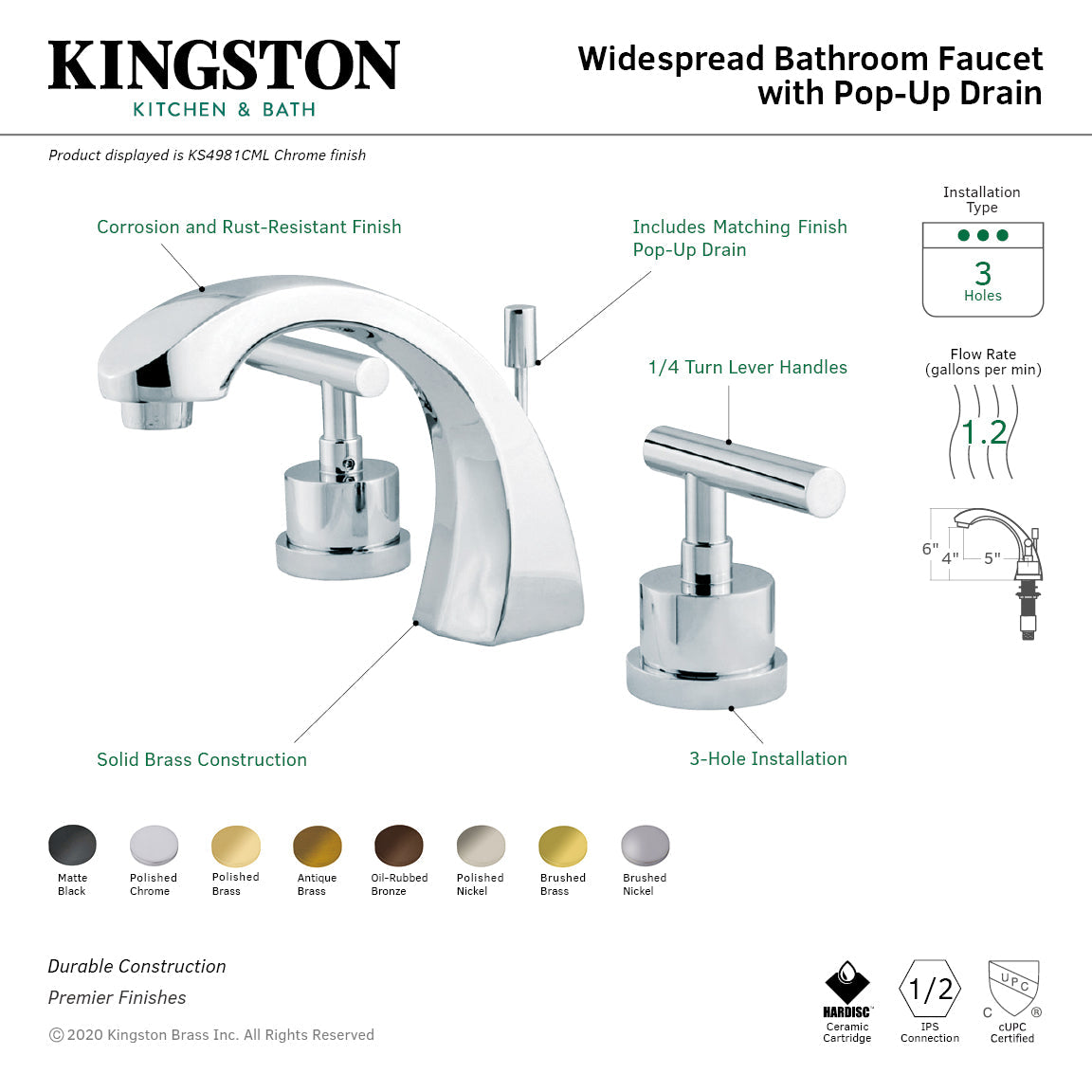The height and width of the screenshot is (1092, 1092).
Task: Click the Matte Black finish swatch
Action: pos(72,845)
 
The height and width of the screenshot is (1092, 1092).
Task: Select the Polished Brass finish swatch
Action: pos(235,845)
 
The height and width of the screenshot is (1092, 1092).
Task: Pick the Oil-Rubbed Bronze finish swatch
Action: pos(399,845)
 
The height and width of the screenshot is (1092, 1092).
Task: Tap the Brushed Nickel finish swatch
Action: pos(645,845)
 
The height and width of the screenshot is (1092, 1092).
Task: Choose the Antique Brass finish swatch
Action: pos(318,845)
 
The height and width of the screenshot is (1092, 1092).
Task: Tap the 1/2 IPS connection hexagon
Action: pos(930,990)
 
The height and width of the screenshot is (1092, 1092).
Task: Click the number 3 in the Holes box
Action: pos(983,273)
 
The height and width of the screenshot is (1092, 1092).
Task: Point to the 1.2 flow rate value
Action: pos(983,433)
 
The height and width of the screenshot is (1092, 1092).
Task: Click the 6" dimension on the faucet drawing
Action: pos(930,549)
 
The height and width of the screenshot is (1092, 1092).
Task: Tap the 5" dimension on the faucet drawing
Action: pos(992,558)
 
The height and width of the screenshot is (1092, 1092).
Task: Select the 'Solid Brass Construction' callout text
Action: pos(202,759)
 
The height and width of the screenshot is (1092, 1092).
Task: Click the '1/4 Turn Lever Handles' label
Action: pos(747,368)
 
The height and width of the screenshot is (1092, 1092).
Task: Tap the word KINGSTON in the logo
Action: pos(224,66)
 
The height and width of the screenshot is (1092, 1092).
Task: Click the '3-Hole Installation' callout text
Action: pos(768,758)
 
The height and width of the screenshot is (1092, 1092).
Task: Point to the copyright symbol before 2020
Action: pos(56,1035)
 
